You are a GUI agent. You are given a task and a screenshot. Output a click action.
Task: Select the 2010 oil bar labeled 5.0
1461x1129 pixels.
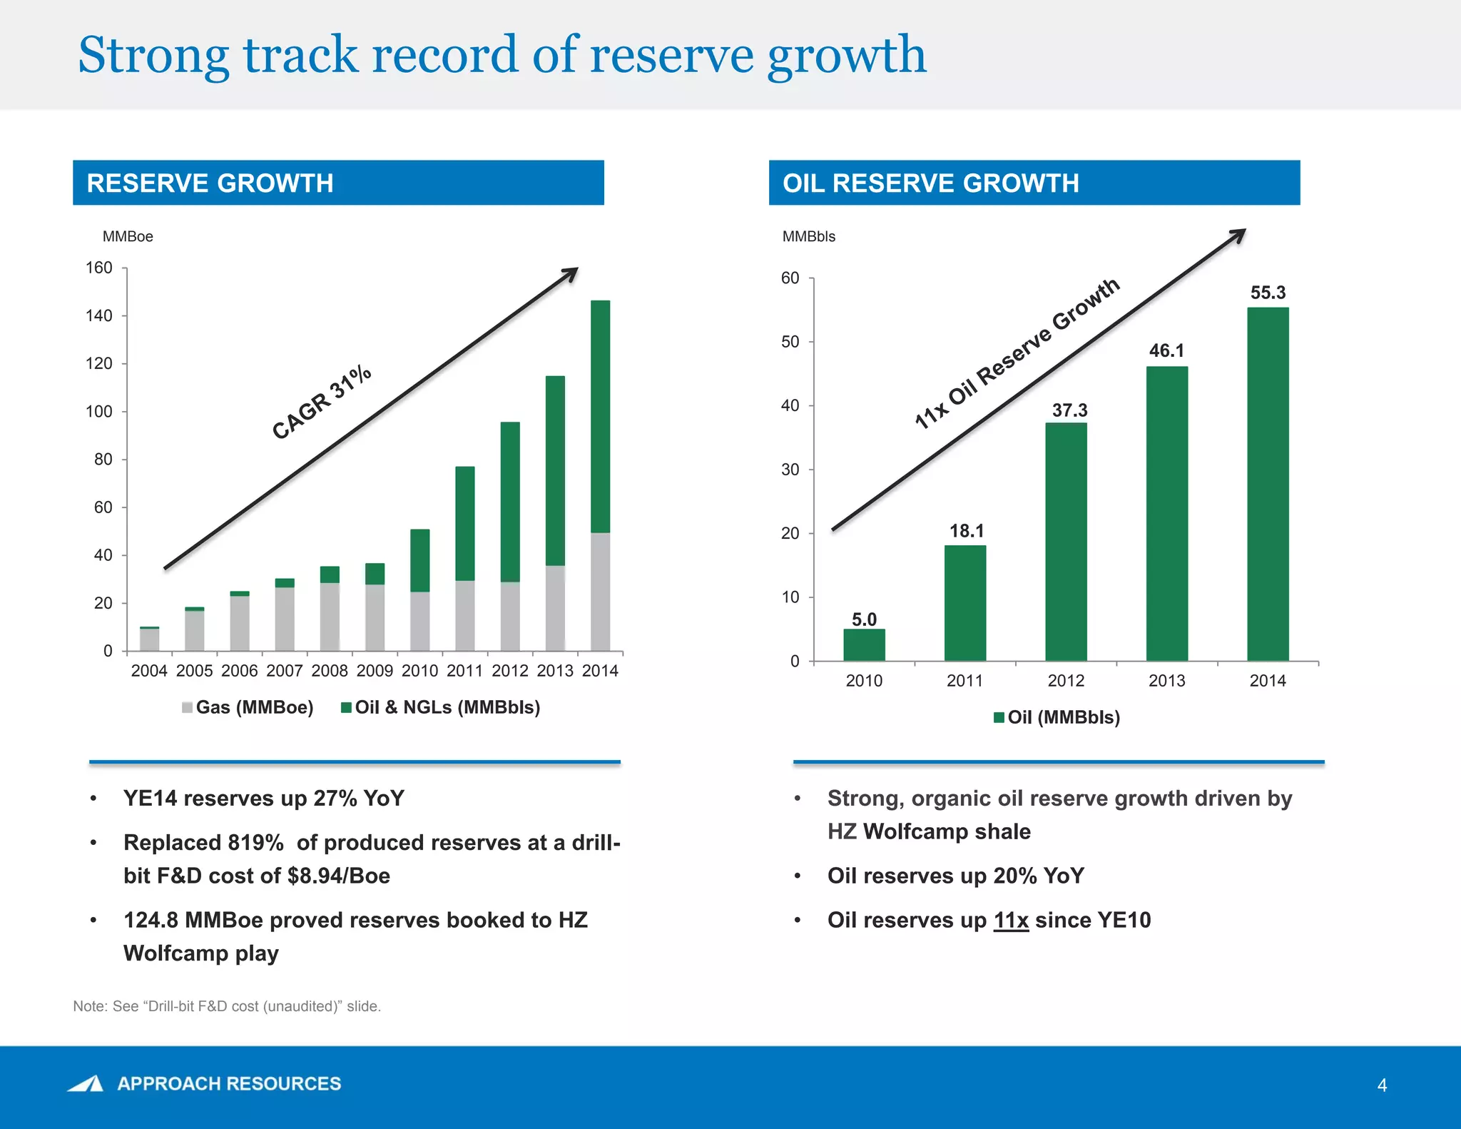864,644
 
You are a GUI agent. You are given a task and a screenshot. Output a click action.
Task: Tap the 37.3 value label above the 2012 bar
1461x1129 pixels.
1069,410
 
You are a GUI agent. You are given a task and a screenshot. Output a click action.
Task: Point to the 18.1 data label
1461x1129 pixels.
966,531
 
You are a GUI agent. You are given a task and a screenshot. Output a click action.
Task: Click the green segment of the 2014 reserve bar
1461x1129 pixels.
600,416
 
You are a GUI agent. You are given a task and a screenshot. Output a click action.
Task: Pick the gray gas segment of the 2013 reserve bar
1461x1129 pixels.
555,608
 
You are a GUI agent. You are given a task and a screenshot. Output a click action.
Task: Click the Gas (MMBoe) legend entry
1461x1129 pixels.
248,707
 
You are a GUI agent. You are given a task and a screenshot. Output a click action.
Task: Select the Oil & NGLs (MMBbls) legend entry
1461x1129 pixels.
441,707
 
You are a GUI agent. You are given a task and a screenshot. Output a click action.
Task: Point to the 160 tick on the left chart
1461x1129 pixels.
99,268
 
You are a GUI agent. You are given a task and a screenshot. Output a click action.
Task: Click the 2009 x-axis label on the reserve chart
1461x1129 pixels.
375,671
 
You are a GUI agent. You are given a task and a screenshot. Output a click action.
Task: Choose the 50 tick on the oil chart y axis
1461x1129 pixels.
790,342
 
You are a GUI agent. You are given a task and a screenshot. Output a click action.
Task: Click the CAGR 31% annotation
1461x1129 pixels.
322,402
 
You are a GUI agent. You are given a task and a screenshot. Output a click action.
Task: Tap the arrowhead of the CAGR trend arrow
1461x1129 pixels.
571,273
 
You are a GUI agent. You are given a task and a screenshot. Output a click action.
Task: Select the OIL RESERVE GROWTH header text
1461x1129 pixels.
930,183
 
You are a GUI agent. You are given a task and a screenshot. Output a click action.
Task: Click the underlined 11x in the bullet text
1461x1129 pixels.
1011,921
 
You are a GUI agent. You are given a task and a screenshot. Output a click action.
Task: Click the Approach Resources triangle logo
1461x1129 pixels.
87,1083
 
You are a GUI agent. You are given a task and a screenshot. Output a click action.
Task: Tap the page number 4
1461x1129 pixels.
1382,1085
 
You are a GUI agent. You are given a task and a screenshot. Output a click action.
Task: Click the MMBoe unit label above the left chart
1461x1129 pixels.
128,237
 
